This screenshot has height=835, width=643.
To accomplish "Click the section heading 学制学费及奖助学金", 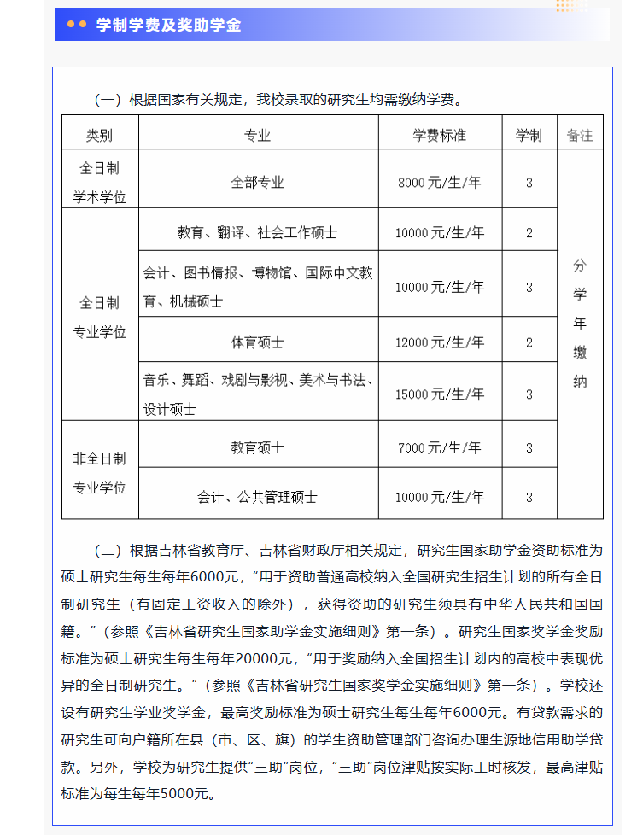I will click(168, 26).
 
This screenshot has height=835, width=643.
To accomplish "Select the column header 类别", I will click(99, 136).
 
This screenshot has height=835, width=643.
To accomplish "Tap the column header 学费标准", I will click(440, 136).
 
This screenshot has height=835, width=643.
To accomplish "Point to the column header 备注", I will click(580, 136).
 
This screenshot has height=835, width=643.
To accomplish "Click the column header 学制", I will click(529, 136).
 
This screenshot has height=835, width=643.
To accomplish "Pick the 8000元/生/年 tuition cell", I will click(440, 183).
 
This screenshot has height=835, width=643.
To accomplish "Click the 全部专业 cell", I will click(257, 183).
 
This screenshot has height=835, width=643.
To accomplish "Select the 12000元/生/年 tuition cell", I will click(440, 342).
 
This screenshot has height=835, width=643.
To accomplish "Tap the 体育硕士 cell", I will click(257, 342).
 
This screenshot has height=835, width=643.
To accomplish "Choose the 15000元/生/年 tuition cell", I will click(440, 394).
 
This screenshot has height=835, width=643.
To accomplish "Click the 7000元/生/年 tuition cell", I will click(440, 447).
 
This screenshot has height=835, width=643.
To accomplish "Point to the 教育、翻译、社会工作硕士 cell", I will click(257, 232).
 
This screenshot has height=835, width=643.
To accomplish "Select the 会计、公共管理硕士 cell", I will click(257, 496).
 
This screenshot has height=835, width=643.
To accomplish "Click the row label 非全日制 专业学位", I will click(99, 473).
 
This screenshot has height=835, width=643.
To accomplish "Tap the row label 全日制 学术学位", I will click(99, 183).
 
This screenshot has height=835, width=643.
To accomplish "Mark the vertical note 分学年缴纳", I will click(580, 324).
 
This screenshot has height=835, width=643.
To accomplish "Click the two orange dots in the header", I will click(76, 26).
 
